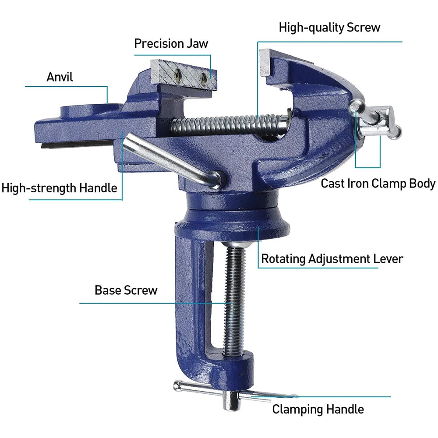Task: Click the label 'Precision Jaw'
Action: [x=171, y=44]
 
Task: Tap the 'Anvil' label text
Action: [x=60, y=77]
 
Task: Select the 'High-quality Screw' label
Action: [x=329, y=28]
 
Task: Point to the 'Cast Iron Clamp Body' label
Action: [x=378, y=183]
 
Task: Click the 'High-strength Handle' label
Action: [x=60, y=188]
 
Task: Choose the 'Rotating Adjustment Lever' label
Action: [x=332, y=258]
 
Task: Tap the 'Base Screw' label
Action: [x=126, y=290]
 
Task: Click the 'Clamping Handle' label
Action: [x=318, y=409]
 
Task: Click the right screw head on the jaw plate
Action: [x=204, y=79]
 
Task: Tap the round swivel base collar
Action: [x=232, y=219]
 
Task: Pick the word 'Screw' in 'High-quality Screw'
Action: [x=364, y=28]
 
